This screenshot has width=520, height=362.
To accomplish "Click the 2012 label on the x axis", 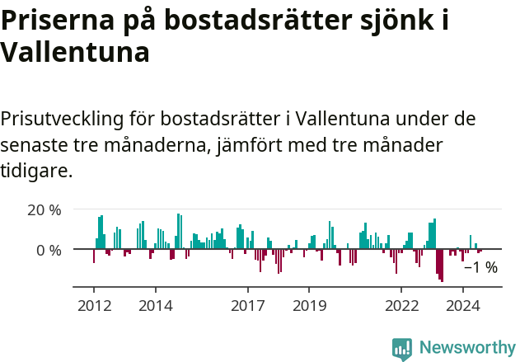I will pyautogui.click(x=93, y=306).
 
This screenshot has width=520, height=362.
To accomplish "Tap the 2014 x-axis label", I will pyautogui.click(x=155, y=306).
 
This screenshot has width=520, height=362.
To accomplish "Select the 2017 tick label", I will pyautogui.click(x=247, y=306).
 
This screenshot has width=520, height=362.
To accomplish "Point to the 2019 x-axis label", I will pyautogui.click(x=309, y=306).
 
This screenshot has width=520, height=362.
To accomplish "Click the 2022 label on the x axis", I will pyautogui.click(x=402, y=306).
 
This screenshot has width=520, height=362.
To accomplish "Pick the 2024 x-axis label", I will pyautogui.click(x=463, y=306).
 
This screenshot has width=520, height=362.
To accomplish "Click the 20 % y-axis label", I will pyautogui.click(x=45, y=209).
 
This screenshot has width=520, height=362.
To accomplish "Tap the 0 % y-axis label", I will pyautogui.click(x=49, y=249).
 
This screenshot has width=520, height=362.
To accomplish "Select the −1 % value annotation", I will pyautogui.click(x=480, y=267).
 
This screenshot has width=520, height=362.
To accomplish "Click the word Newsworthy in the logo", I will pyautogui.click(x=467, y=348).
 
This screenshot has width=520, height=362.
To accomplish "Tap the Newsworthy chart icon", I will pyautogui.click(x=402, y=349).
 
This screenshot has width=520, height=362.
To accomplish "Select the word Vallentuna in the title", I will pyautogui.click(x=75, y=53).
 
